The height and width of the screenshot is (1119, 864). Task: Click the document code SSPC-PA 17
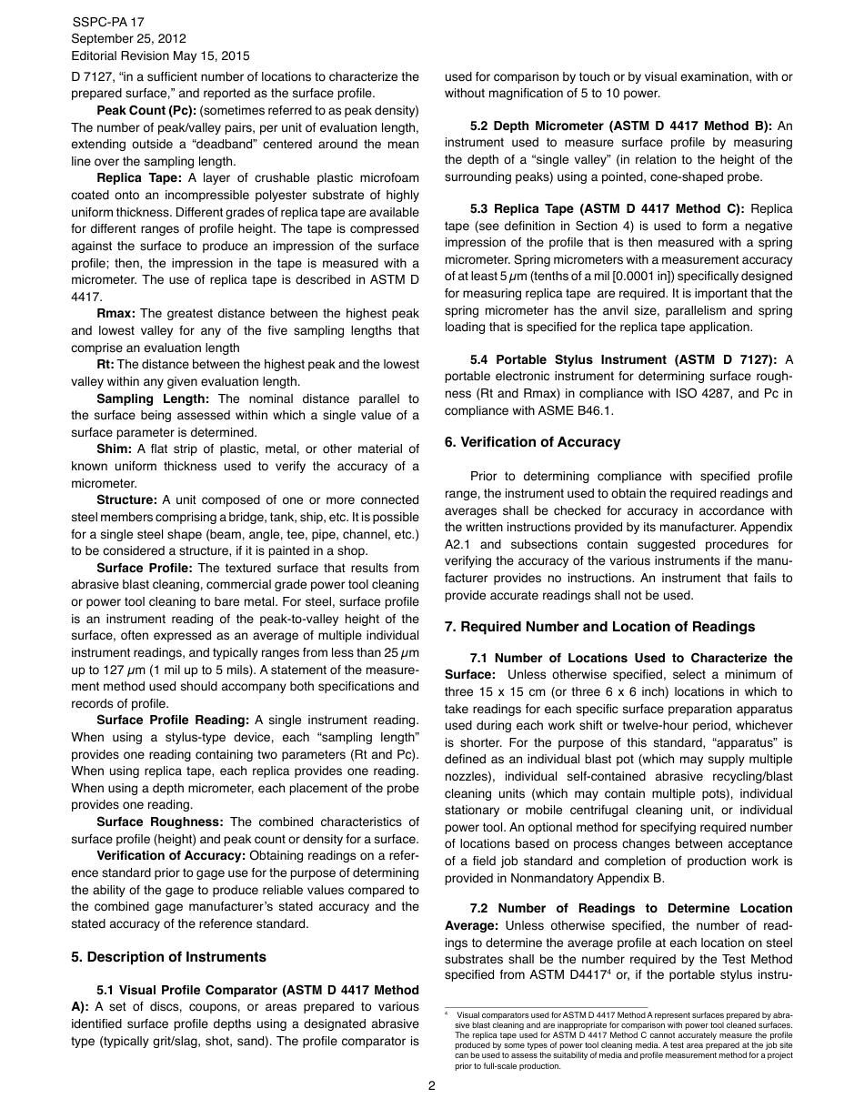[107, 22]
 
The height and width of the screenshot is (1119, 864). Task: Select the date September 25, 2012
[128, 39]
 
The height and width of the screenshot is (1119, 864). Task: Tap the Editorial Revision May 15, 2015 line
[160, 56]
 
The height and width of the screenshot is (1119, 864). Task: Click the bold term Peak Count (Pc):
[146, 111]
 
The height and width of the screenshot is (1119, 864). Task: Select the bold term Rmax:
[116, 314]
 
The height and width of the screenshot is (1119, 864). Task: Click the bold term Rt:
[105, 365]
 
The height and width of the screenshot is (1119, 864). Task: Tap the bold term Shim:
[115, 449]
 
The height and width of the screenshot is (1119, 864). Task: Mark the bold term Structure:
[126, 500]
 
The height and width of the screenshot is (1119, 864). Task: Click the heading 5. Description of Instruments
[168, 957]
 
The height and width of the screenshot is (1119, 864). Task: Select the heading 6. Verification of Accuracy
[532, 442]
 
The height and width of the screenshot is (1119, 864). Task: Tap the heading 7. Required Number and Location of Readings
[599, 627]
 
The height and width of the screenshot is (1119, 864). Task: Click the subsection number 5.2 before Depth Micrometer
[480, 126]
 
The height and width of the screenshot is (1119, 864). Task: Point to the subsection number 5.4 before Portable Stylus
[480, 359]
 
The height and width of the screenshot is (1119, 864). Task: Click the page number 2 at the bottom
[431, 1085]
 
